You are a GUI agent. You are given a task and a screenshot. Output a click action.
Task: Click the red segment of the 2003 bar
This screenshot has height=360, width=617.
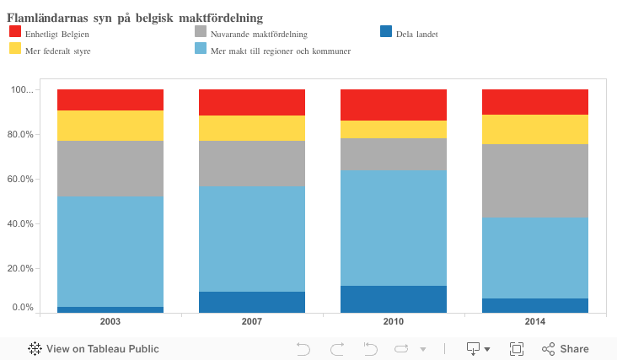coord(110,99)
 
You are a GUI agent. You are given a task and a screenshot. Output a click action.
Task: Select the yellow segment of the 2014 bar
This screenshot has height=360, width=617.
coord(534,129)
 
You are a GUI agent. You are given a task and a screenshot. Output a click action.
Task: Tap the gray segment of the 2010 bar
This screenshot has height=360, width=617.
coord(394,153)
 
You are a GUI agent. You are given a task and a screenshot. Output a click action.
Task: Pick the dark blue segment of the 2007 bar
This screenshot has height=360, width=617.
coord(252,302)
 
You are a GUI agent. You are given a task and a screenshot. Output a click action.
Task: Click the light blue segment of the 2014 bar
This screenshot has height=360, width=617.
coord(534,257)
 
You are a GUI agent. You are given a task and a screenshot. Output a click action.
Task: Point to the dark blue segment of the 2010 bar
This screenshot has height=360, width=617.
coord(394,298)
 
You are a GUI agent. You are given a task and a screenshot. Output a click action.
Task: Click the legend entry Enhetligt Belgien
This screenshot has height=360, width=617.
coord(56,34)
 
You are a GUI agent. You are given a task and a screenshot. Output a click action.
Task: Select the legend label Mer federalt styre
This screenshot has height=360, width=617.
coord(58,51)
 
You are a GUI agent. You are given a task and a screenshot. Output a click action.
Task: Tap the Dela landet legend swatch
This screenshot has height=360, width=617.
coord(386,32)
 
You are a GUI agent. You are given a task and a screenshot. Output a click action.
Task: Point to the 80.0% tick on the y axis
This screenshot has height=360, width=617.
coord(21,134)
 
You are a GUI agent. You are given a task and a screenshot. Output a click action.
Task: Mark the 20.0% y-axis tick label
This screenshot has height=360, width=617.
coord(21,268)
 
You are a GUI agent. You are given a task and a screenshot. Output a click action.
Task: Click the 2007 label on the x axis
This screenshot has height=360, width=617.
coord(252,322)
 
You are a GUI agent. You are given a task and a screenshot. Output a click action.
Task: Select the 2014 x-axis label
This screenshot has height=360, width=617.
coord(534,322)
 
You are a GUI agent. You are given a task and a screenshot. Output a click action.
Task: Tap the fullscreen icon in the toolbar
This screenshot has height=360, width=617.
coord(517,348)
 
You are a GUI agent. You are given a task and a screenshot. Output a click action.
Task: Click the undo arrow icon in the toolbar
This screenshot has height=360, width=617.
coord(303,348)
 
